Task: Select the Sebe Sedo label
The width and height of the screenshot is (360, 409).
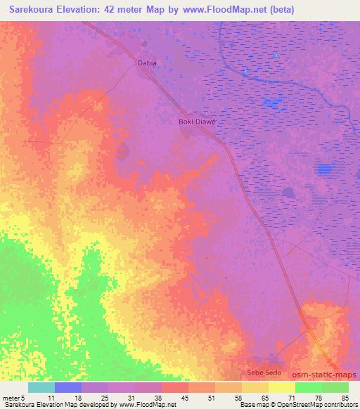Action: (264, 372)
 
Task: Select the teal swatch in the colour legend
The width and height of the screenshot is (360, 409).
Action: (41, 387)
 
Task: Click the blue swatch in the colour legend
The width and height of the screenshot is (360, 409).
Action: (68, 387)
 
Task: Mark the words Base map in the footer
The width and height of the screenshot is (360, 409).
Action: (251, 405)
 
